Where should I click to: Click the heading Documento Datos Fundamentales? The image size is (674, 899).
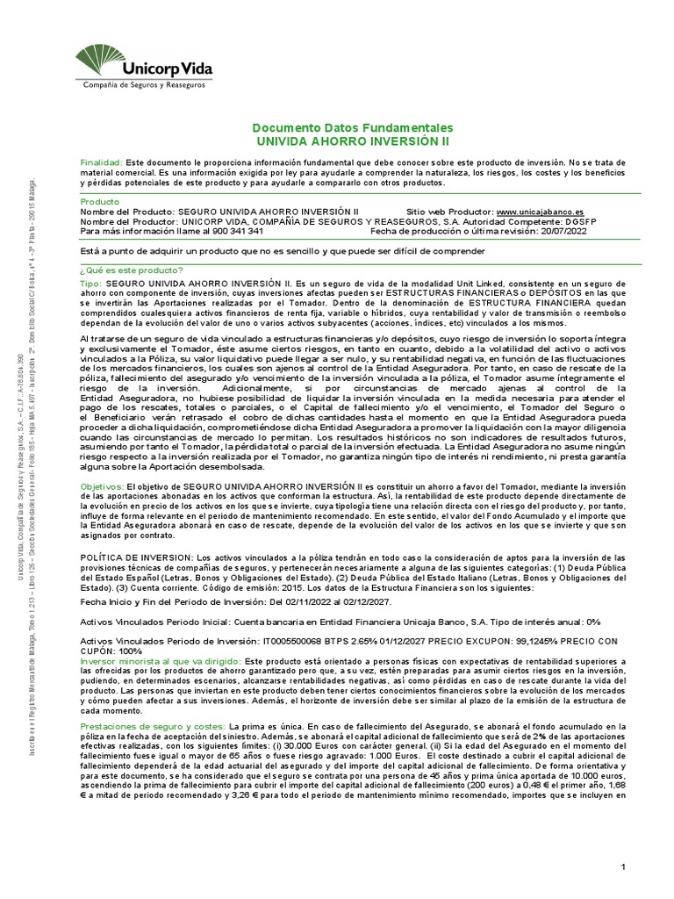point(352,127)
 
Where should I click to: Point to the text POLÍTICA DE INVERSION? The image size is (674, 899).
point(136,557)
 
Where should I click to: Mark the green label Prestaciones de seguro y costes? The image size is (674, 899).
point(152,729)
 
